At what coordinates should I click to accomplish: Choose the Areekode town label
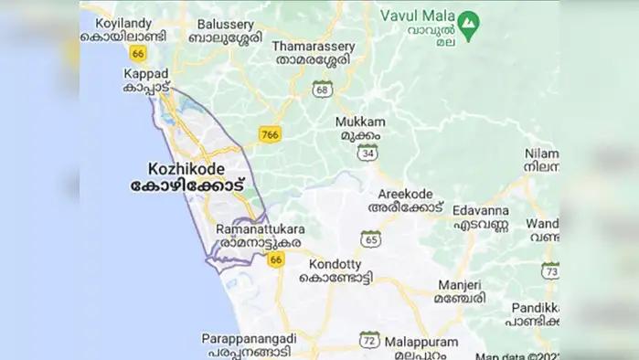pyautogui.click(x=406, y=201)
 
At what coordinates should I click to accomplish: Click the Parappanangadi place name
pyautogui.click(x=247, y=344)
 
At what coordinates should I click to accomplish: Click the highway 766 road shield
pyautogui.click(x=269, y=134)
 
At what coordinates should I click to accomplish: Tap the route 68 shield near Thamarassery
pyautogui.click(x=321, y=89)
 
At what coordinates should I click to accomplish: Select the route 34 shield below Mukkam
pyautogui.click(x=368, y=154)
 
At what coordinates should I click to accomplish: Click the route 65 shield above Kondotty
pyautogui.click(x=370, y=239)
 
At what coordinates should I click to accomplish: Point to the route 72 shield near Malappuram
pyautogui.click(x=369, y=339)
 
